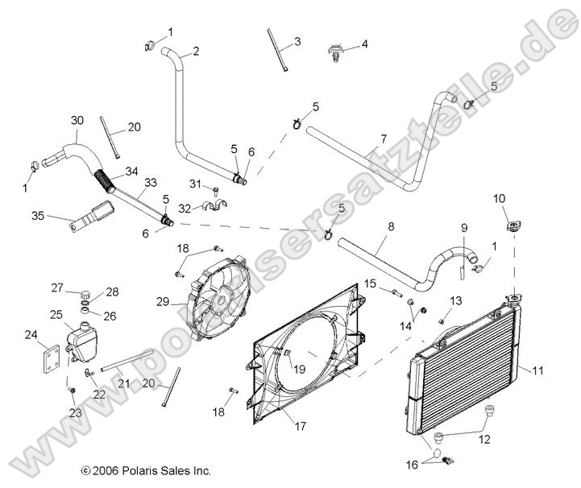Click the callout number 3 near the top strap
[x=297, y=41]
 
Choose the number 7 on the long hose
[x=384, y=138]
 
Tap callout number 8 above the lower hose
[x=390, y=228]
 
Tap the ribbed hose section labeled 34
[x=105, y=176]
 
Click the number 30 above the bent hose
[x=77, y=120]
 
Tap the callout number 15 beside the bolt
[x=371, y=283]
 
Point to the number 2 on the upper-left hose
[x=195, y=51]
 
